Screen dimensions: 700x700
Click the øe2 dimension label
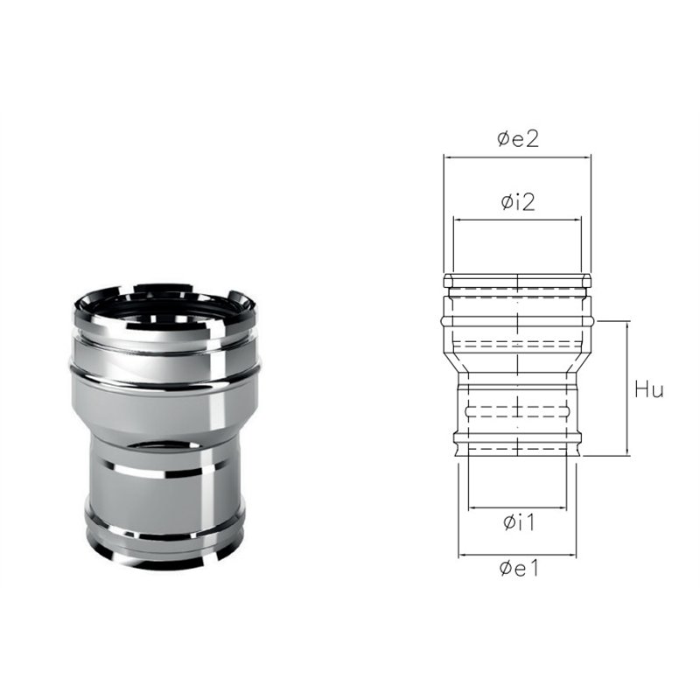point(518,139)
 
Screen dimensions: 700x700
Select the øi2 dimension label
point(518,202)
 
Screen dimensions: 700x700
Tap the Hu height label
point(649,389)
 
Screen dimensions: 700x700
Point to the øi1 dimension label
point(519,522)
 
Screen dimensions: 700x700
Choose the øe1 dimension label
point(519,568)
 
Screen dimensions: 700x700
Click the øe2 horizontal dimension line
point(517,157)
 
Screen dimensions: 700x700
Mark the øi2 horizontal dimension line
point(517,220)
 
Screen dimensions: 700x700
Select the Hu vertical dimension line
point(627,388)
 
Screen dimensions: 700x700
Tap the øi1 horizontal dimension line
point(517,507)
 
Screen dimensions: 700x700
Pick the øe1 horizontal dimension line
point(517,555)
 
